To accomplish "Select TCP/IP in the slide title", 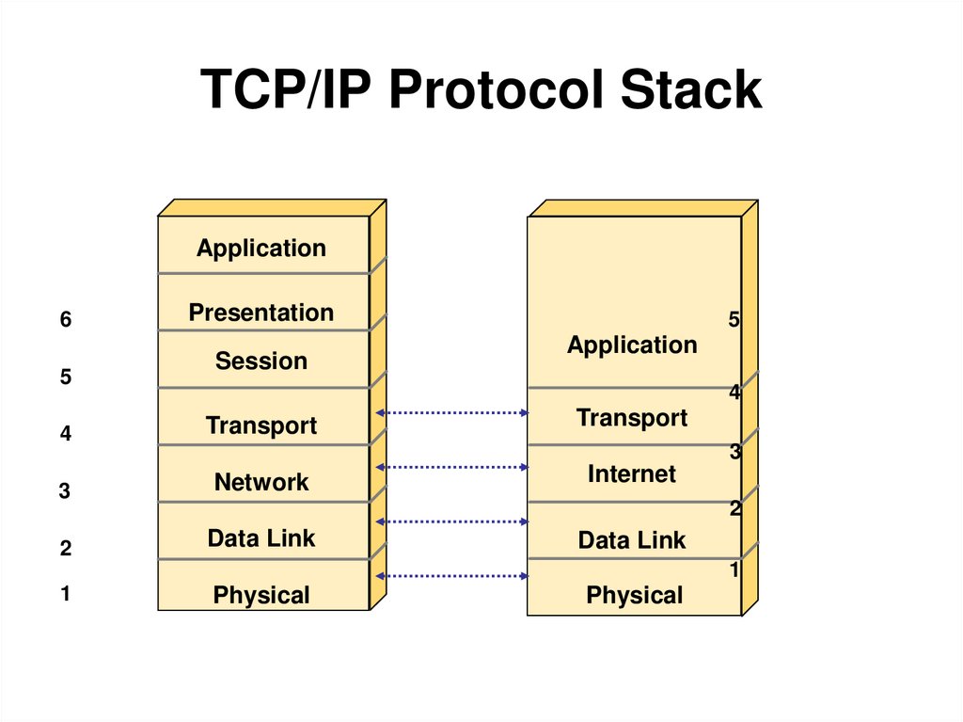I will click(x=288, y=91).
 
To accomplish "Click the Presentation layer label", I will click(x=261, y=313).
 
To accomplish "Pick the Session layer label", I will click(x=261, y=361).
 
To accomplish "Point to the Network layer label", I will click(x=261, y=482).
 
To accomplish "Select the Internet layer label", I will click(x=632, y=473).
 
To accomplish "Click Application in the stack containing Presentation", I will click(x=261, y=249).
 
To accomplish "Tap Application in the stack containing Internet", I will click(x=632, y=345).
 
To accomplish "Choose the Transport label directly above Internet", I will click(x=632, y=417).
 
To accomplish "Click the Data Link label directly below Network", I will click(x=261, y=538).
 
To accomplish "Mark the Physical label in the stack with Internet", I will click(x=635, y=595).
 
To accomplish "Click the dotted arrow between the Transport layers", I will click(x=451, y=412).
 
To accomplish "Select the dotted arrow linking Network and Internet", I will click(x=451, y=467).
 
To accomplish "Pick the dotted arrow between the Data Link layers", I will click(x=451, y=521).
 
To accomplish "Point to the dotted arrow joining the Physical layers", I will click(x=451, y=575).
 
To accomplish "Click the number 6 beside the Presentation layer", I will click(x=66, y=320).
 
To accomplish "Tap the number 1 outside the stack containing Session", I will click(x=66, y=594).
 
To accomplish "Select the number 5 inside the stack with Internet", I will click(x=734, y=321).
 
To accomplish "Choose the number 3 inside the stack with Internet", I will click(x=735, y=453).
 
